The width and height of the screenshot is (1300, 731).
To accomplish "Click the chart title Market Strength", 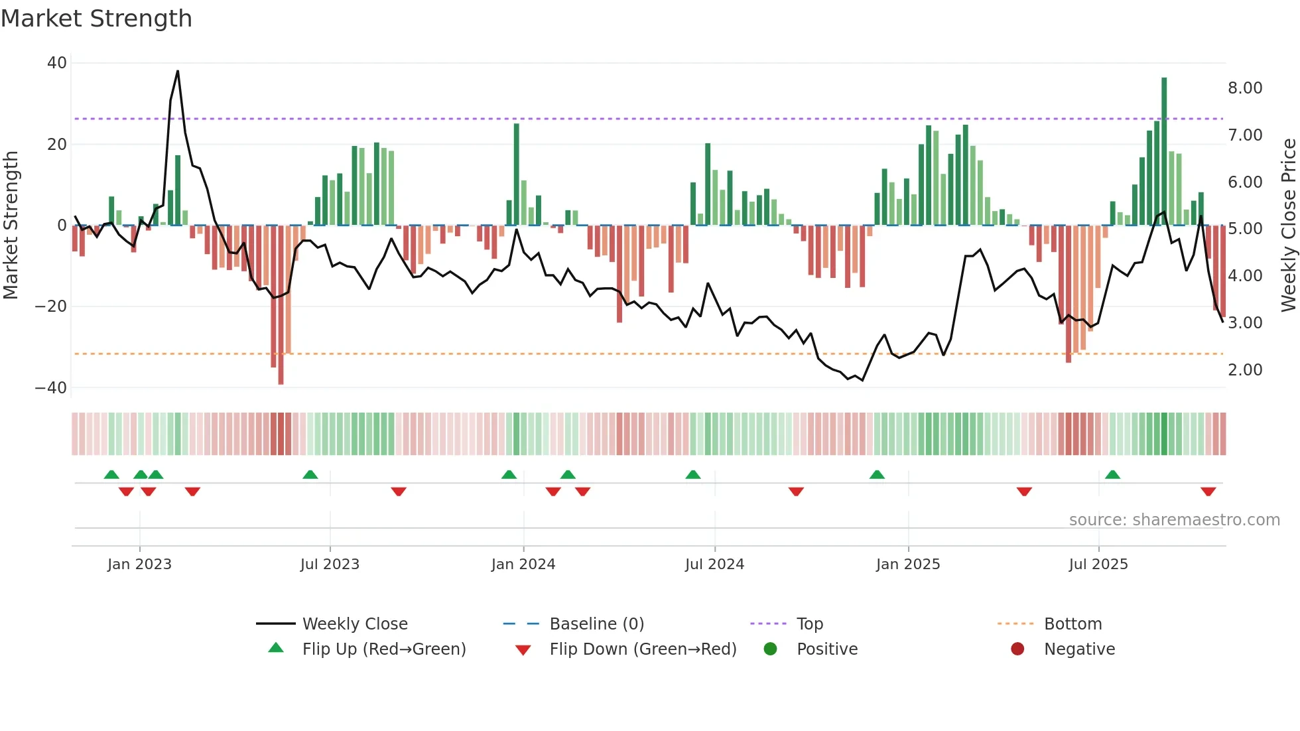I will tap(96, 19).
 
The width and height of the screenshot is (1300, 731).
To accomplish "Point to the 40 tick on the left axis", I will tap(57, 63).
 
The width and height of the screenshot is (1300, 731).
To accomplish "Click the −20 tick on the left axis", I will tap(51, 306).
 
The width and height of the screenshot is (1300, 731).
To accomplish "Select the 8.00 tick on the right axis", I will tap(1245, 88).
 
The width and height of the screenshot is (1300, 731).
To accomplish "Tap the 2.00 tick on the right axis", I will tap(1245, 370).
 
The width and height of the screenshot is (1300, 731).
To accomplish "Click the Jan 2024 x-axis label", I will tap(523, 565).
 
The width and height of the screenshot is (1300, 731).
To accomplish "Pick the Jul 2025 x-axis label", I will tap(1098, 565).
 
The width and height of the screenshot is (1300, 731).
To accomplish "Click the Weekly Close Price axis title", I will tap(1288, 226).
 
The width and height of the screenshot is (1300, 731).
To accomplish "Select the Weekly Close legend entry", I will tap(354, 624).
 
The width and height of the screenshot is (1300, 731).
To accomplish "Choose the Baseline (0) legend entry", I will tap(596, 624).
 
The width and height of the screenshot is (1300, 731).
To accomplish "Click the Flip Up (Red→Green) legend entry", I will tap(383, 649).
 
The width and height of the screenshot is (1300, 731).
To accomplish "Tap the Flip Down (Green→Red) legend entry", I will tap(642, 649).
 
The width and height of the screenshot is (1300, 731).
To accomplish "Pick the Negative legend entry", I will tap(1079, 649).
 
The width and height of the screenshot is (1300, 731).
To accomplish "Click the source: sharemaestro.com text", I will tap(1174, 520).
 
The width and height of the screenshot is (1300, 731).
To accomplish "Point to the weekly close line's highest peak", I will tap(178, 72).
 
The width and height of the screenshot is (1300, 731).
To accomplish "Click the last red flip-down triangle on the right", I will tap(1208, 492).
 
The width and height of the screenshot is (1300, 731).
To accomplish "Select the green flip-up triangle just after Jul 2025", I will tap(1112, 474).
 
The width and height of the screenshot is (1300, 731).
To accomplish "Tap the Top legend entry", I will tap(809, 624).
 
